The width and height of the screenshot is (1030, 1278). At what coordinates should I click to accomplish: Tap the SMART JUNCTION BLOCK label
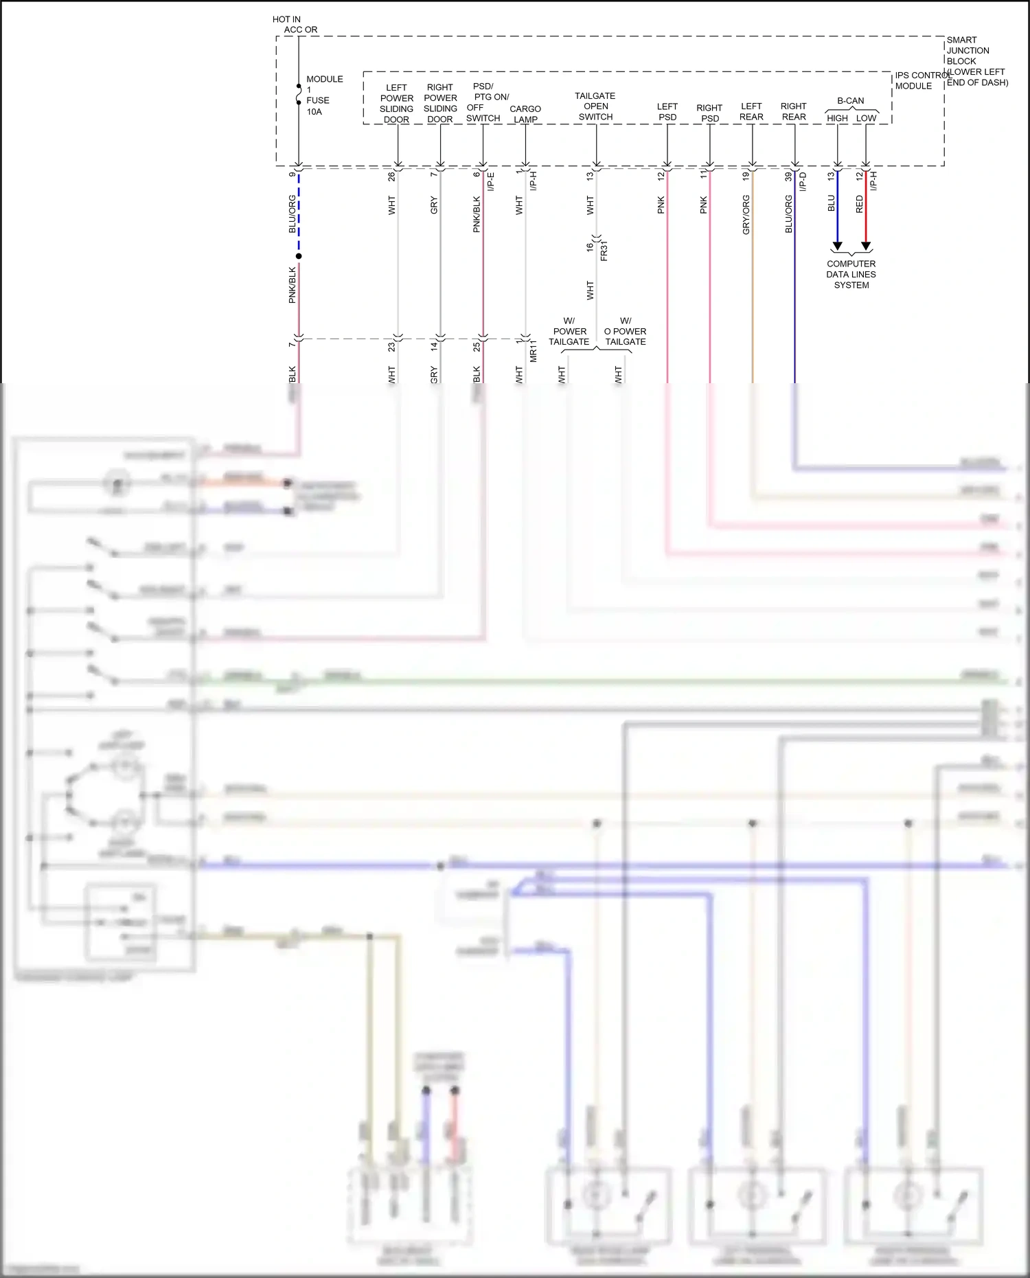click(x=968, y=51)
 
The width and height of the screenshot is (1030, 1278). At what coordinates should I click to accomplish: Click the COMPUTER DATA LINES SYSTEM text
click(x=851, y=274)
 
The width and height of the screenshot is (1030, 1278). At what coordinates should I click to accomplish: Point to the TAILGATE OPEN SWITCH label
click(x=595, y=106)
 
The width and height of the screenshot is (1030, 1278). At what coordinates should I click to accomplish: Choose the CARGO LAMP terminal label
click(x=525, y=114)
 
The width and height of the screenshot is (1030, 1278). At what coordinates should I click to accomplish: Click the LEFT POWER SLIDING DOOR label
click(x=396, y=104)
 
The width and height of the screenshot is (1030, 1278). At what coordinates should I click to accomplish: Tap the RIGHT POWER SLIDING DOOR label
click(x=440, y=103)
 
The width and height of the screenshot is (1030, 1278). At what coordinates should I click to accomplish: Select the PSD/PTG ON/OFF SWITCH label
click(x=486, y=102)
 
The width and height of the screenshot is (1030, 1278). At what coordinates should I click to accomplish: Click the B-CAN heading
click(x=851, y=100)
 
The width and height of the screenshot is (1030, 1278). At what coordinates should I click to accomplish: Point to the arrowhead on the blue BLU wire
click(x=837, y=246)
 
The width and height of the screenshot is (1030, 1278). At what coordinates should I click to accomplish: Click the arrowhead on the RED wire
click(x=866, y=246)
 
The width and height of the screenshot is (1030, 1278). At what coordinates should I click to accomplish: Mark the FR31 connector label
click(x=604, y=251)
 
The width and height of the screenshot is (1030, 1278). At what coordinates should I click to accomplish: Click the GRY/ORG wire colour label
click(x=746, y=214)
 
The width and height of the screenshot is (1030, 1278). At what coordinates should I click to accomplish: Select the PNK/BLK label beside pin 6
click(x=477, y=214)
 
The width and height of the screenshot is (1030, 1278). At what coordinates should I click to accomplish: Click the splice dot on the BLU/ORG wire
click(x=299, y=256)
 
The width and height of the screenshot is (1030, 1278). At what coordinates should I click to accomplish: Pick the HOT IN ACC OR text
click(x=295, y=25)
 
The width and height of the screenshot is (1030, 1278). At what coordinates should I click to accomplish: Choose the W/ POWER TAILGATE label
click(x=569, y=331)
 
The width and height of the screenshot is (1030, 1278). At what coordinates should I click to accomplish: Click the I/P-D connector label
click(x=803, y=181)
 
